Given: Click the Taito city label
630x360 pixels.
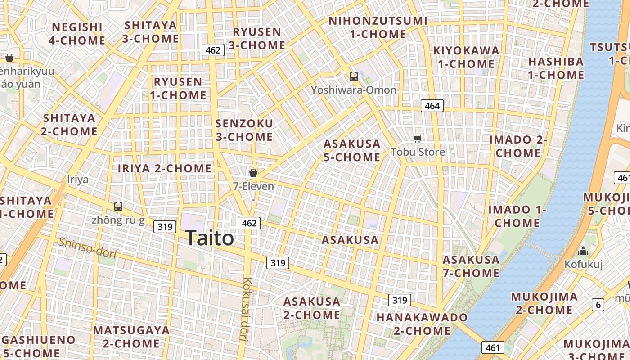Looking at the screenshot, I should click(x=209, y=238).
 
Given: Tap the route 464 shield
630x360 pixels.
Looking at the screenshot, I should click(x=432, y=106).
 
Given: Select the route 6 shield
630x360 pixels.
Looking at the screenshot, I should click(x=598, y=305).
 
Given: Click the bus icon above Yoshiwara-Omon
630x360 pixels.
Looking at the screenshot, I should click(x=354, y=76).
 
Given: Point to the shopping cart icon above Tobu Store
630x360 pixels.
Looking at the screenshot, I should click(x=418, y=139).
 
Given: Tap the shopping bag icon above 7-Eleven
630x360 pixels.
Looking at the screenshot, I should click(x=253, y=172).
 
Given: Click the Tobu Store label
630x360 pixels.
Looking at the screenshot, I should click(x=418, y=152).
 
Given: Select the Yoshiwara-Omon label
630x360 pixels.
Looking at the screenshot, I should click(x=354, y=90).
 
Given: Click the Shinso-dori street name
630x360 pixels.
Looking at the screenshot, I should click(x=87, y=248).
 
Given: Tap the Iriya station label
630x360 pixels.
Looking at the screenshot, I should click(x=78, y=180).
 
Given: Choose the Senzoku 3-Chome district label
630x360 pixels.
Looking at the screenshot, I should click(x=244, y=130).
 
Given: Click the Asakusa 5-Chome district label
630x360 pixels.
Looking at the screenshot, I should click(x=352, y=150).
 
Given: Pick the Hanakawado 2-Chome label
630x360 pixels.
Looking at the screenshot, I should click(x=422, y=324).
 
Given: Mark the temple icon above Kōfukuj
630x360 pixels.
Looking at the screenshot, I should click(x=583, y=251).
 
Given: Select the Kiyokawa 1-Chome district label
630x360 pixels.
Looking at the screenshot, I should click(x=466, y=57).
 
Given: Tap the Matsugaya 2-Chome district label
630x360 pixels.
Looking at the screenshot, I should click(x=131, y=337).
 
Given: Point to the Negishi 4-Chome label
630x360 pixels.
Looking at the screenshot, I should click(x=77, y=34).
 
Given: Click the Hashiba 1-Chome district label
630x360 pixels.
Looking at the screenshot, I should click(x=556, y=68).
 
